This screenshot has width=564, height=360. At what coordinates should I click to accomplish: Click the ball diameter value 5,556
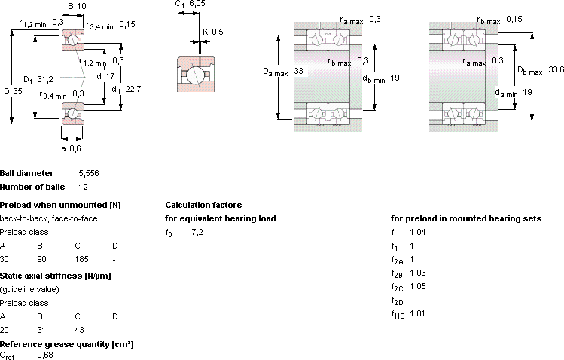coord(89,173)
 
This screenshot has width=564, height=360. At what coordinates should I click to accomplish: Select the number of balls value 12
coord(83,187)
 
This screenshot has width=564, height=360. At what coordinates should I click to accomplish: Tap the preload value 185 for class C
coord(81,259)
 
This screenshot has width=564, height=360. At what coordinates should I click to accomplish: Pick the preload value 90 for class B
coord(41,259)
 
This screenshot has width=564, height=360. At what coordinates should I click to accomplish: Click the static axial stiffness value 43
coord(80,330)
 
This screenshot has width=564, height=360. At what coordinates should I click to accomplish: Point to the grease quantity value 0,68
coord(45,355)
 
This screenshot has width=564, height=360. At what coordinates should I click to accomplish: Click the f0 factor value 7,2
coord(197,232)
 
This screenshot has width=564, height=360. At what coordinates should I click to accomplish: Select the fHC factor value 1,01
coord(417,313)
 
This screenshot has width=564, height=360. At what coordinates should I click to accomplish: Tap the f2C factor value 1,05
coord(418,287)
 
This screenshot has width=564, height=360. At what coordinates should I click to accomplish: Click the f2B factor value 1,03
coord(418,273)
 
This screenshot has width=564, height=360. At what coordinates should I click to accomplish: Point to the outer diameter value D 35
coord(13,91)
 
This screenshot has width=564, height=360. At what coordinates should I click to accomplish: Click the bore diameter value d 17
coord(105,76)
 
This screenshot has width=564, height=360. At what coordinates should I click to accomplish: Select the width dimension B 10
coord(77,6)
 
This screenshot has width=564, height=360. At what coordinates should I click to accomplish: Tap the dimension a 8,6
coord(72,148)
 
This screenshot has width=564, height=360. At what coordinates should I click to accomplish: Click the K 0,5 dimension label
coord(213,32)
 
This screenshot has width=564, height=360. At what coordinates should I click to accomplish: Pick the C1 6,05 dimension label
coord(191,4)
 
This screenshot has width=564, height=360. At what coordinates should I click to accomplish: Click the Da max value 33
coord(298,71)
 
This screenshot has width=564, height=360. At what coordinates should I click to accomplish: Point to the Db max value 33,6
coord(556,69)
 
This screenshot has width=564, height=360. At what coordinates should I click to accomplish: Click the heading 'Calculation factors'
coord(203,205)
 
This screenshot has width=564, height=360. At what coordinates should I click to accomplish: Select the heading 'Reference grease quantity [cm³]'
coord(67,344)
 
